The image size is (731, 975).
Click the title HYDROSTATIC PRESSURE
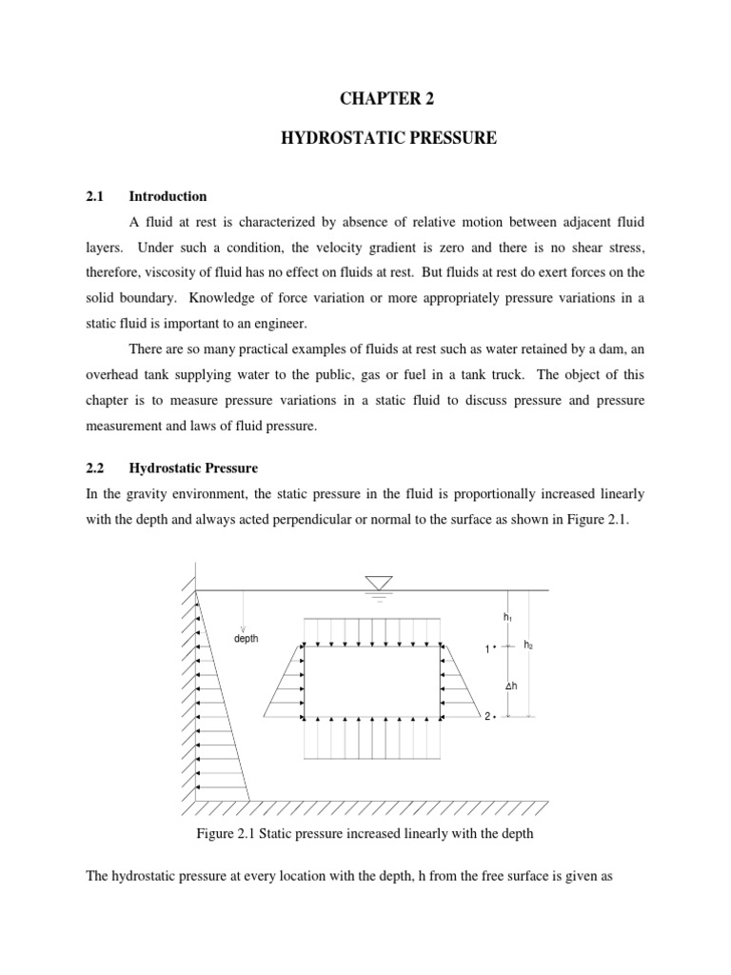(388, 138)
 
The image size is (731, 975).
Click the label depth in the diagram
(247, 638)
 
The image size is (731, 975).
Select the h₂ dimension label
(530, 645)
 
